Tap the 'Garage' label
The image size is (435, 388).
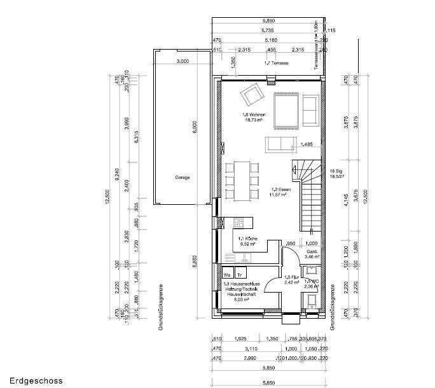coord(183,177)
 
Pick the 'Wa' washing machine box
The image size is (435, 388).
coord(227,275)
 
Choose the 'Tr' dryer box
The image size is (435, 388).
coord(240,275)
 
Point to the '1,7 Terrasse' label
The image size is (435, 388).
coord(276,64)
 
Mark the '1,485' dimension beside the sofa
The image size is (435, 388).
coord(307,144)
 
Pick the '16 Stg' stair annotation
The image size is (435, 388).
coord(336,172)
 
